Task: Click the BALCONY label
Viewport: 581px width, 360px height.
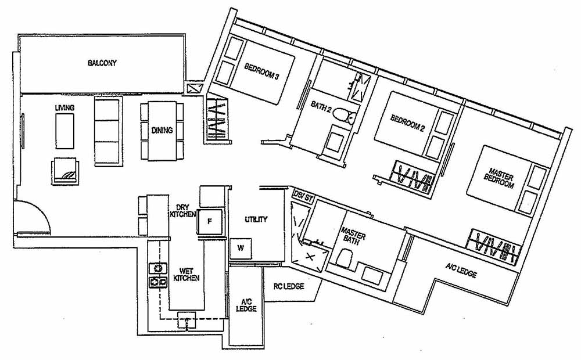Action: pos(102,63)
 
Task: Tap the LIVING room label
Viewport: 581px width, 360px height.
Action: pos(64,108)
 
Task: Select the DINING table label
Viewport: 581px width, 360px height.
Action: pos(162,131)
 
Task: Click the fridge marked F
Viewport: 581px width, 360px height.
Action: pos(210,221)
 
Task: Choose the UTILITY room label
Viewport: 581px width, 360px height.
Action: pos(256,219)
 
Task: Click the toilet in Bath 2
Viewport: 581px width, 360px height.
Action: pos(344,117)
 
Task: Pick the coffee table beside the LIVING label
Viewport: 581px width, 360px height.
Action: pos(64,132)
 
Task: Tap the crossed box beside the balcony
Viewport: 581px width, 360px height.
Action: pos(193,89)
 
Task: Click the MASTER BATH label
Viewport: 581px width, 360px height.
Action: pos(354,236)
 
